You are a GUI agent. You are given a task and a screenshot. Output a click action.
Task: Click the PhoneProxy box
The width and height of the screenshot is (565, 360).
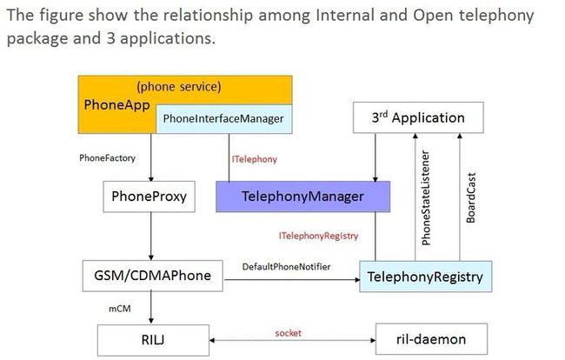tap(150, 197)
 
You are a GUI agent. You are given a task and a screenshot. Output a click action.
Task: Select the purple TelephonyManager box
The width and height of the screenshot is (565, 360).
tap(302, 197)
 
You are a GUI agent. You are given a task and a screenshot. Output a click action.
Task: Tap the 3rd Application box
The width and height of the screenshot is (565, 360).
tap(418, 117)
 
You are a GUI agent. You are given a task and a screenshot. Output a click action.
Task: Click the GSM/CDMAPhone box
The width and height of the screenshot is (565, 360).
tap(152, 276)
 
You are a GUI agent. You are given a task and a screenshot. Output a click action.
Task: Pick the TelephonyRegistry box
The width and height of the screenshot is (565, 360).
tap(426, 277)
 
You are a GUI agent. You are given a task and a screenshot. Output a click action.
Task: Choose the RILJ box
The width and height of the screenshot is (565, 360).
tap(153, 340)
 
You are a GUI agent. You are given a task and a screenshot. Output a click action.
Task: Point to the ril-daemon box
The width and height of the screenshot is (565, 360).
tap(431, 339)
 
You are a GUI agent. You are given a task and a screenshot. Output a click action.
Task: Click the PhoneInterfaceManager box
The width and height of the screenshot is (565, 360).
tap(223, 119)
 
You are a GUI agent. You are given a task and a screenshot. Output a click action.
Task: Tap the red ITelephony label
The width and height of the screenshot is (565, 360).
tap(255, 159)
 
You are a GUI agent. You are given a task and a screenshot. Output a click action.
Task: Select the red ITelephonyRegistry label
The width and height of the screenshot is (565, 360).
tap(318, 236)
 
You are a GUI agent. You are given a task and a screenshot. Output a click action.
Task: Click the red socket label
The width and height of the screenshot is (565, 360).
tap(288, 333)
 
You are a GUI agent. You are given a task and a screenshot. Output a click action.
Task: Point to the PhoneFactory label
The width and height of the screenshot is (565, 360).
tap(108, 158)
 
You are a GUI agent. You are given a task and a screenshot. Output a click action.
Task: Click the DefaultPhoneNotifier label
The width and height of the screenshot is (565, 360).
tap(287, 267)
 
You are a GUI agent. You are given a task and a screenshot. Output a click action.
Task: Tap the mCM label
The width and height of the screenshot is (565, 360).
tap(120, 309)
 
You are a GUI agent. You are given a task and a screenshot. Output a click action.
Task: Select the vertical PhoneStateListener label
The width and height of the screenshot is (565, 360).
tap(426, 198)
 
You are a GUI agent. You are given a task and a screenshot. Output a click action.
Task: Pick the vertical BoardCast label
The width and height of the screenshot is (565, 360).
tap(470, 198)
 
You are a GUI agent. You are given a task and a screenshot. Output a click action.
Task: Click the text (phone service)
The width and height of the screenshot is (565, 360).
tap(179, 87)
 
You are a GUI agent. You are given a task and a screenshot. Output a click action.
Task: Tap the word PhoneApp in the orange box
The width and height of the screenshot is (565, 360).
tap(116, 105)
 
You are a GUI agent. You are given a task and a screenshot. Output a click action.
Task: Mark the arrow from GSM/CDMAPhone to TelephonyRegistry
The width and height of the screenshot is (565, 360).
tap(292, 279)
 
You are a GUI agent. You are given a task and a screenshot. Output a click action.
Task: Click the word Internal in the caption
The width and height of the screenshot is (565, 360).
tap(361, 15)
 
